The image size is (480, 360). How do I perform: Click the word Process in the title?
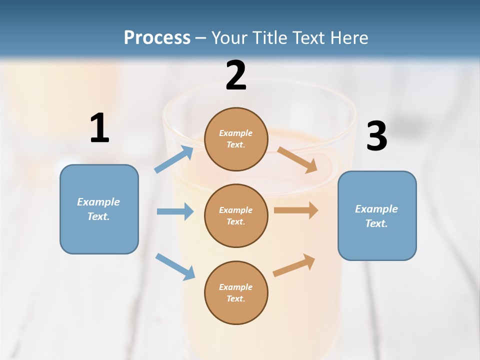157,37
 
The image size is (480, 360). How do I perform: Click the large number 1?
99,128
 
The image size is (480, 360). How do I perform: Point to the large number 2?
236,75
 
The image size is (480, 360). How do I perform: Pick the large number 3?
376,136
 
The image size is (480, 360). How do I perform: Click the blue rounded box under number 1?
99,209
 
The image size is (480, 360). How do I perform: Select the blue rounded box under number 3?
377,215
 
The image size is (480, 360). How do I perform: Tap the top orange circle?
236,139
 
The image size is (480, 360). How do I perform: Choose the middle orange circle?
236,215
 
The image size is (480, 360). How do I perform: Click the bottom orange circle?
236,292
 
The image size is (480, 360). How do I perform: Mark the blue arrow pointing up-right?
174,159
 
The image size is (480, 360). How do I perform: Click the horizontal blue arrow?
175,211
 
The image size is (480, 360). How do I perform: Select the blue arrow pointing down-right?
175,266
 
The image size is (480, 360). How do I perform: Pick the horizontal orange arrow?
296,210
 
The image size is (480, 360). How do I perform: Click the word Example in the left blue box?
98,202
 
